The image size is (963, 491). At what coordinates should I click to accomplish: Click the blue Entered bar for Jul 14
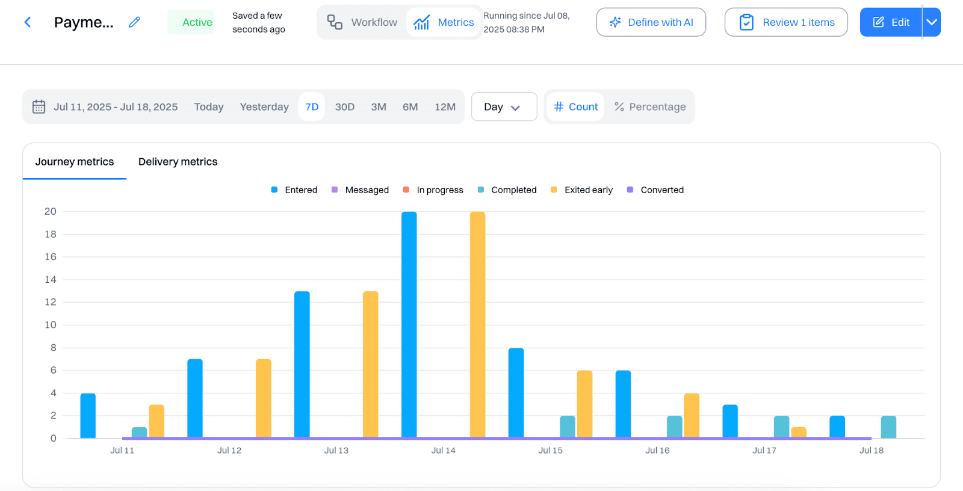click(409, 325)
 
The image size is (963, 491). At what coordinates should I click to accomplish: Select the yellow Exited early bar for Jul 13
click(370, 365)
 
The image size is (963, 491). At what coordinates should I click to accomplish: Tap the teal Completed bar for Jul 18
click(888, 427)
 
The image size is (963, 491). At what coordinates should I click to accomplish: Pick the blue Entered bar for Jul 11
click(88, 416)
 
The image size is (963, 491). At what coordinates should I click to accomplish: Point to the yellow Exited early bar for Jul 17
click(799, 432)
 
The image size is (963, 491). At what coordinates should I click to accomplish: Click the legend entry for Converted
click(655, 190)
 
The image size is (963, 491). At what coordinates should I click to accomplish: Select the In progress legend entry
click(433, 190)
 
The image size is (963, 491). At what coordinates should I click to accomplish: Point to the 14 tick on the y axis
click(51, 280)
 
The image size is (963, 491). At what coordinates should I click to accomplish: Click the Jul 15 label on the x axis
click(550, 451)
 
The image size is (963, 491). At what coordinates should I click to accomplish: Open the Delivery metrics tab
click(178, 162)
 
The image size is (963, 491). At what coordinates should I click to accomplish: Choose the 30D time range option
click(344, 107)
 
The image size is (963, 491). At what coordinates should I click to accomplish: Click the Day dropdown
click(504, 107)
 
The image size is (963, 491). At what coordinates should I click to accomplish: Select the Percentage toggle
click(650, 107)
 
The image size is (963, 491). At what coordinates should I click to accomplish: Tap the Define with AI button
click(651, 22)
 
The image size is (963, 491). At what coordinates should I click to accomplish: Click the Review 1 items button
click(785, 22)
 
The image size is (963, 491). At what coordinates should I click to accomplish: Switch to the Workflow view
click(362, 22)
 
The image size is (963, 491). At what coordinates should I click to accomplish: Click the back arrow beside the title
click(28, 22)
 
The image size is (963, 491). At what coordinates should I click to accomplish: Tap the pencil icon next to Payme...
click(135, 22)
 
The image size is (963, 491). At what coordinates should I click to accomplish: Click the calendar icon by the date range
click(39, 107)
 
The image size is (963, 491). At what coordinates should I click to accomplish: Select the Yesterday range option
click(264, 107)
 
